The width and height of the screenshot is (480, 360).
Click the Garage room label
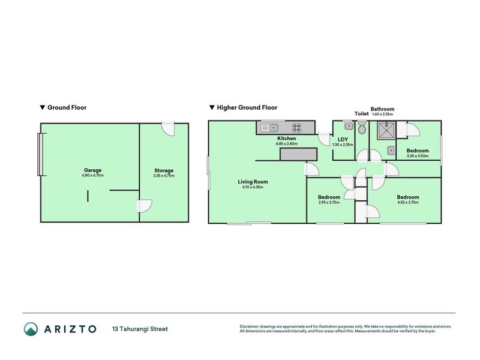pyautogui.click(x=92, y=170)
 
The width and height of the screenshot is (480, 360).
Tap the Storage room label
pyautogui.click(x=163, y=170)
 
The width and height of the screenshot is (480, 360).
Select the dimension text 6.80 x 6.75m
pyautogui.click(x=92, y=175)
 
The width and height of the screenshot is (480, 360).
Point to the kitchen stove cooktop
pyautogui.click(x=296, y=127)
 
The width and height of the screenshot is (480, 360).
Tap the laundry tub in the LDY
pyautogui.click(x=348, y=127)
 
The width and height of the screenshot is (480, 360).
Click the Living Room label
pyautogui.click(x=253, y=181)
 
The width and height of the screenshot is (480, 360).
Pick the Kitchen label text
pyautogui.click(x=286, y=139)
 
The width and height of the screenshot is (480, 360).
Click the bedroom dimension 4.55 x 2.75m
pyautogui.click(x=407, y=203)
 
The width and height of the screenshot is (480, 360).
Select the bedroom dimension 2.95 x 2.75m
pyautogui.click(x=329, y=203)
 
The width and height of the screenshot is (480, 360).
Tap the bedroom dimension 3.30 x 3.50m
pyautogui.click(x=418, y=156)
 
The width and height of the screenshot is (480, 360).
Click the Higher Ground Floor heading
pyautogui.click(x=247, y=108)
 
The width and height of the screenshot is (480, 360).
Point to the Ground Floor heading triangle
pyautogui.click(x=42, y=108)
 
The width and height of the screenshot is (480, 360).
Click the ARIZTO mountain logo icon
pyautogui.click(x=31, y=329)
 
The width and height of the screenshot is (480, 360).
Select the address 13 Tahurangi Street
pyautogui.click(x=140, y=329)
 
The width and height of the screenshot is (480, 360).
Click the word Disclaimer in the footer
pyautogui.click(x=251, y=326)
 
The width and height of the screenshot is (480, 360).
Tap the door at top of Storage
pyautogui.click(x=169, y=128)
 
